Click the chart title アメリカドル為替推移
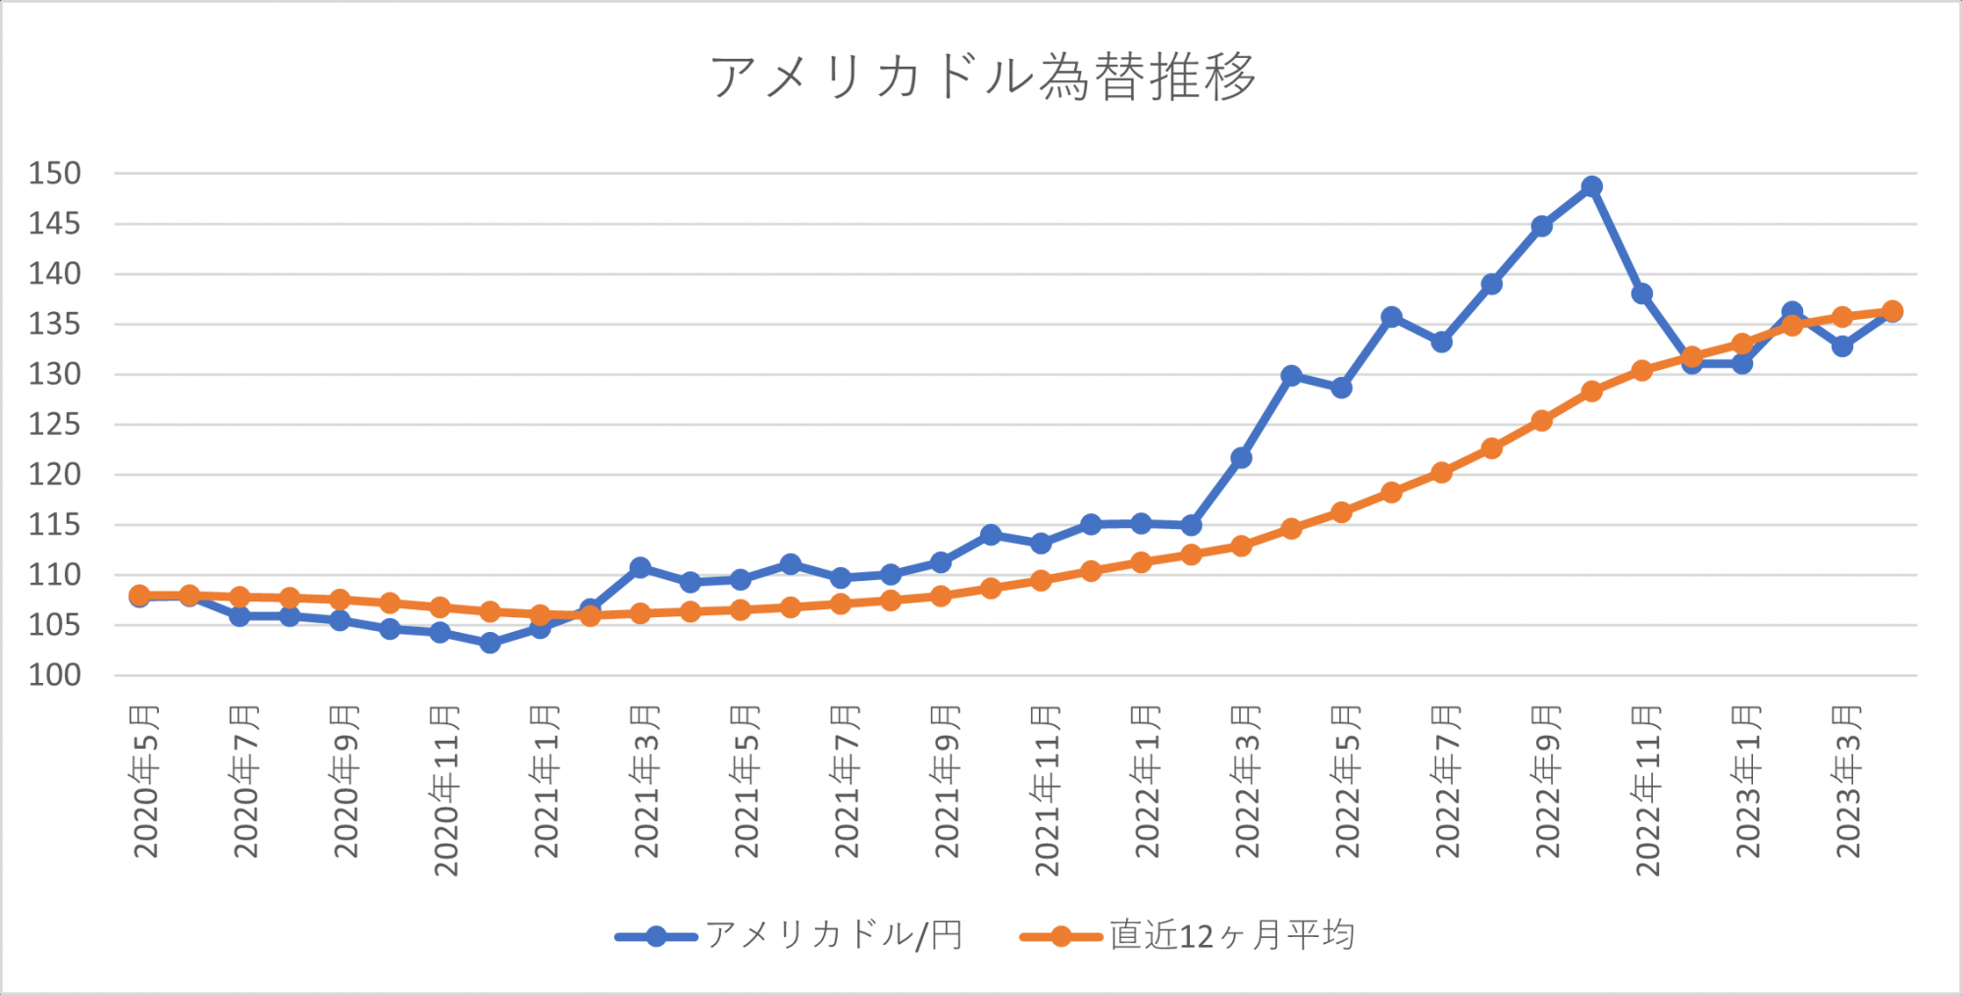(x=982, y=78)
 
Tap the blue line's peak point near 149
(x=1591, y=186)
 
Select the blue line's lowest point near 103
(x=490, y=643)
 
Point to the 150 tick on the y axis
(x=55, y=174)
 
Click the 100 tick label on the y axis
(x=55, y=675)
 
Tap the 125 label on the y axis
(x=55, y=425)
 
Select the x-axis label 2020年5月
(x=145, y=781)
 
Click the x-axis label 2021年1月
(x=545, y=781)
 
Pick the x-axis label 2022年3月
(x=1246, y=781)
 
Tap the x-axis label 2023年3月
(x=1847, y=781)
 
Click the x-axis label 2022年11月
(x=1647, y=790)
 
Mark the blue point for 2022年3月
(x=1241, y=457)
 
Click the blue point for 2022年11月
(x=1641, y=293)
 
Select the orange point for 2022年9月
(x=1541, y=421)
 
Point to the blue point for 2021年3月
(x=640, y=567)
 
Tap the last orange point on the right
(x=1892, y=311)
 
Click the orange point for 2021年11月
(x=1041, y=580)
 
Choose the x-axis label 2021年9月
(x=946, y=781)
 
